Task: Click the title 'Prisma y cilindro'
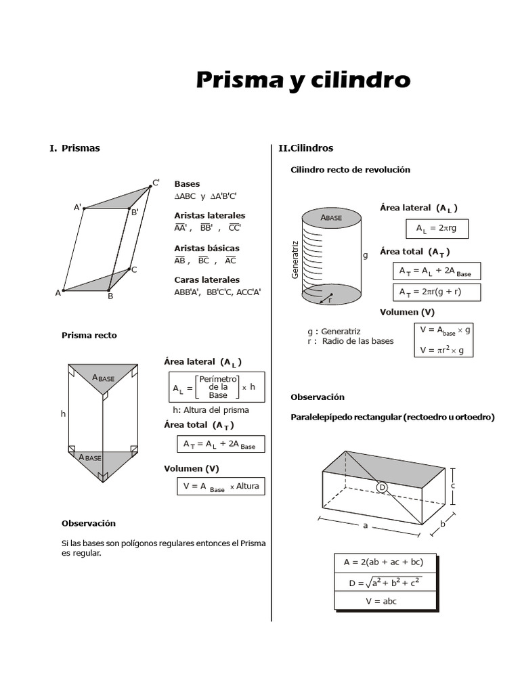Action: coord(303,81)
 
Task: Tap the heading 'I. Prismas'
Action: coord(74,148)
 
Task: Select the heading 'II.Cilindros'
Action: coord(306,148)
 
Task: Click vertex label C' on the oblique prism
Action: coord(156,183)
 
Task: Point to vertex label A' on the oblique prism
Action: coord(78,207)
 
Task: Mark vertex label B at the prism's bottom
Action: coord(110,296)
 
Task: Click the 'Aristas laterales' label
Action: coord(209,215)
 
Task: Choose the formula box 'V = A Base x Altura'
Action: coord(221,487)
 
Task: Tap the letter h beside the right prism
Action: coord(63,413)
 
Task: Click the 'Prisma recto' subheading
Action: coord(89,335)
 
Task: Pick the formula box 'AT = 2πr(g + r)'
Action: coord(436,292)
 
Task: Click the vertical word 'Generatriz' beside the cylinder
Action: coord(295,259)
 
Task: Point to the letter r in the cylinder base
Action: coord(329,300)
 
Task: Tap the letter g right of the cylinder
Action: coord(366,256)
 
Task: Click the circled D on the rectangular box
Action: coord(382,487)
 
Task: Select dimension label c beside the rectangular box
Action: coord(452,485)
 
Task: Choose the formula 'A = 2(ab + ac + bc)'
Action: coord(384,562)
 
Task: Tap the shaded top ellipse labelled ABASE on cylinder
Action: coord(331,217)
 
